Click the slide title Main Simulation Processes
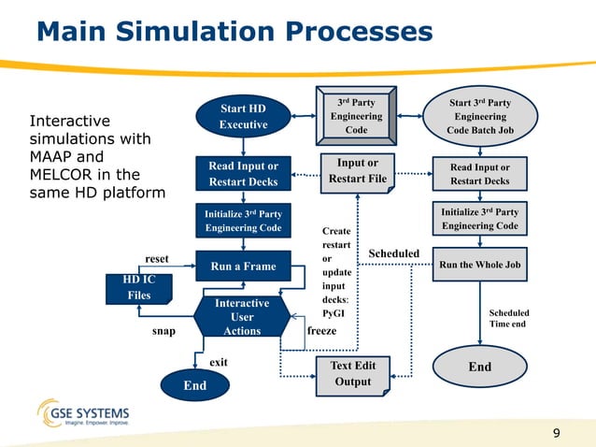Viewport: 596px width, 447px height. (234, 33)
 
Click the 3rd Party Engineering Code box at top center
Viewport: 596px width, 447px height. (356, 117)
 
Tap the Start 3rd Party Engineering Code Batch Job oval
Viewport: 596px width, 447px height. (479, 117)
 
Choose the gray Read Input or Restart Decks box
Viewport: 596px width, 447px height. (479, 174)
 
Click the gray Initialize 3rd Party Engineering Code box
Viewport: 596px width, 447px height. (479, 219)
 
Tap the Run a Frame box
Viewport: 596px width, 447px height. (243, 267)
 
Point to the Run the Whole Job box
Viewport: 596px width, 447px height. (479, 265)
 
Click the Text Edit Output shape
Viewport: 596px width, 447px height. (352, 373)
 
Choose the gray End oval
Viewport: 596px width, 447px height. (479, 367)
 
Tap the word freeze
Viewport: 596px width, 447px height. (321, 330)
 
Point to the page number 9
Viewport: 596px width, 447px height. (557, 432)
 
